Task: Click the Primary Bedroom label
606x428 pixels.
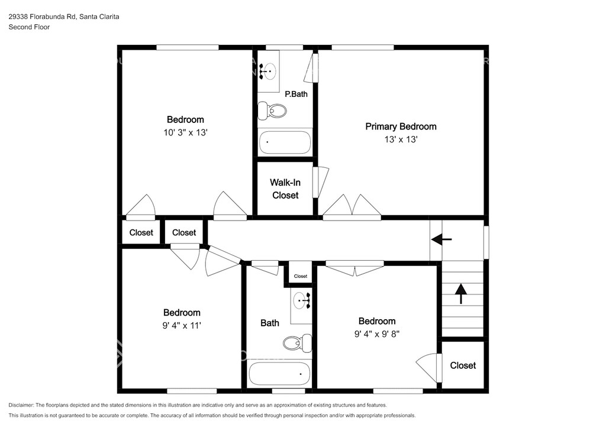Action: click(x=401, y=127)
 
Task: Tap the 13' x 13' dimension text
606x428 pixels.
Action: click(x=401, y=140)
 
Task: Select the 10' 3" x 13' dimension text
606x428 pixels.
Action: click(x=185, y=132)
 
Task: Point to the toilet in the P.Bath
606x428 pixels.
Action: click(x=272, y=111)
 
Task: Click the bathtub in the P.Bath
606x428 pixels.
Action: click(x=285, y=143)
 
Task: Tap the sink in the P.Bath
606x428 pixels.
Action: click(x=268, y=71)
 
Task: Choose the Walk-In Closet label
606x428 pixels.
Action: click(x=285, y=189)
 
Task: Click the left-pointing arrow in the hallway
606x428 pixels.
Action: click(x=441, y=239)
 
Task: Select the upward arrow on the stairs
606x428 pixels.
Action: click(x=460, y=294)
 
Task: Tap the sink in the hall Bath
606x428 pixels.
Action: click(x=302, y=300)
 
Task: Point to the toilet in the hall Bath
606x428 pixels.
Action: click(x=297, y=343)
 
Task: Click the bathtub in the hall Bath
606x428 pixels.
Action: click(x=279, y=374)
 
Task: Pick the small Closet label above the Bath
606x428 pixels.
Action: click(x=300, y=276)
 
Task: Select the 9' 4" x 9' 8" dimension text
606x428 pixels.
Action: click(x=377, y=334)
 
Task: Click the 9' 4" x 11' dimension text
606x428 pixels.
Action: click(x=182, y=325)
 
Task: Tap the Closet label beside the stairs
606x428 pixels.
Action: click(x=463, y=365)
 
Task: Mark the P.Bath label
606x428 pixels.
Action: click(x=296, y=94)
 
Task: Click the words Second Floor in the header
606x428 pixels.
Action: click(x=29, y=27)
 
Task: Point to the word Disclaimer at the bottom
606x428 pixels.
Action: click(x=21, y=405)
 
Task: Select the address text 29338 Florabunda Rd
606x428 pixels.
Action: click(x=43, y=17)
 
